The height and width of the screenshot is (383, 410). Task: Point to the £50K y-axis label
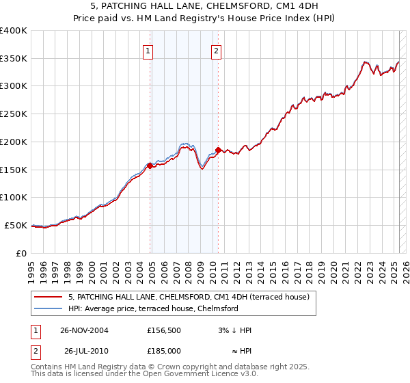15,225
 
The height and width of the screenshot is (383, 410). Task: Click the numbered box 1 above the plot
148,50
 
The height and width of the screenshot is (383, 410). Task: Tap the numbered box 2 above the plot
216,50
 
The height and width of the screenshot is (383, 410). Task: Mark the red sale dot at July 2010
218,150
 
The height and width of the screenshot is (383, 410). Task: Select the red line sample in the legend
48,297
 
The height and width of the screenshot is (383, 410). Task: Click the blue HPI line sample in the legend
48,308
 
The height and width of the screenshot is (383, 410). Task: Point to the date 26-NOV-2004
84,330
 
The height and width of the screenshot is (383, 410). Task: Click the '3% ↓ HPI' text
233,330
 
